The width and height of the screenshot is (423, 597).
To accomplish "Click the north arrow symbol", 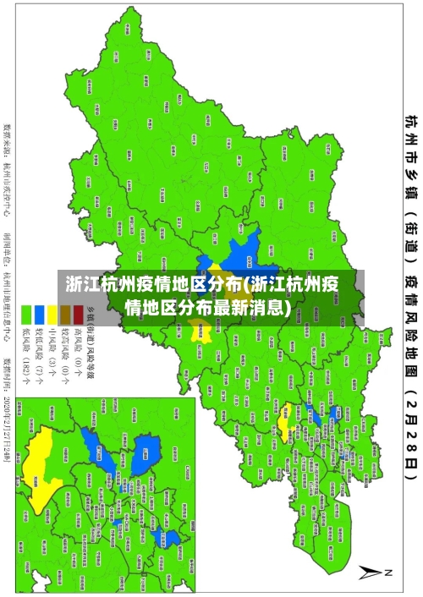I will tap(373, 572).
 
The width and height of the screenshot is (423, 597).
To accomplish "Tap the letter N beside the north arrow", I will tap(390, 572).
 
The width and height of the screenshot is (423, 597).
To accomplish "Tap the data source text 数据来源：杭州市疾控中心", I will tap(8, 160).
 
